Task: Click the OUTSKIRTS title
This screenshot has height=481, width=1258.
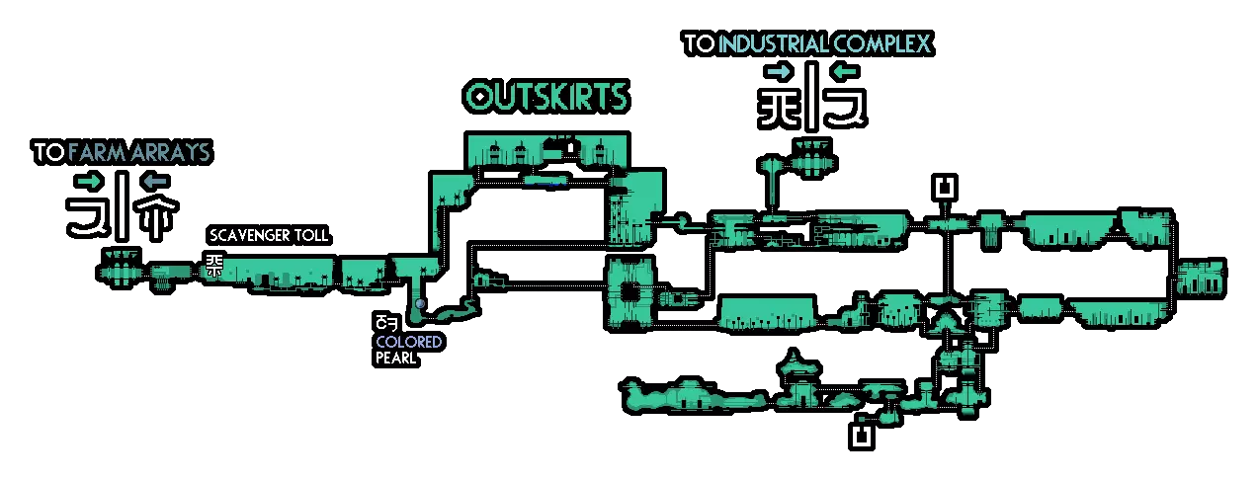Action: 546,97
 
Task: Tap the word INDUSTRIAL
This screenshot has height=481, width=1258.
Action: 773,44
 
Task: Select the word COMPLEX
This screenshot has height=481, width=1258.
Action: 881,44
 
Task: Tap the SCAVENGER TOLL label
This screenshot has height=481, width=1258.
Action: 269,236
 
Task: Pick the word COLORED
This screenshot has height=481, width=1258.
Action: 408,342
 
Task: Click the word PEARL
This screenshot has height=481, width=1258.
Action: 395,358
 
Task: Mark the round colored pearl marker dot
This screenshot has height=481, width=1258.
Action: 420,303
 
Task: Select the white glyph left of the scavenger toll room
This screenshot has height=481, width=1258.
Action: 214,265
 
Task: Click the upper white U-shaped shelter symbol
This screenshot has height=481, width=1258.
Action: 946,187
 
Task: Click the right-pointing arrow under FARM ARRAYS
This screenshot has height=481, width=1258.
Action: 88,181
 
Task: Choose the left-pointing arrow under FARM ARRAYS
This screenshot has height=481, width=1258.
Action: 154,181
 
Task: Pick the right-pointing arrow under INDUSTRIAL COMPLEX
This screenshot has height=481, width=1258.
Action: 778,71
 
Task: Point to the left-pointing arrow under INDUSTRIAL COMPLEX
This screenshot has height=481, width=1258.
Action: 845,71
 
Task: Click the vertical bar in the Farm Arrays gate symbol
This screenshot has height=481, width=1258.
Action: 122,205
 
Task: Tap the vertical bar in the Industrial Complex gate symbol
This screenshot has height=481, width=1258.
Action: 811,97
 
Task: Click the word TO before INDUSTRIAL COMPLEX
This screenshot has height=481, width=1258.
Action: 700,44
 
